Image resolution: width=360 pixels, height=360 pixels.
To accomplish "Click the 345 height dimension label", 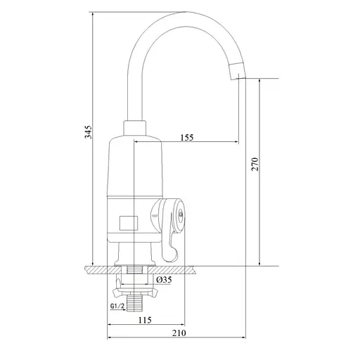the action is pyautogui.click(x=89, y=132).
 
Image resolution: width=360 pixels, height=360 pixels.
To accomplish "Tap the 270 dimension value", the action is pyautogui.click(x=255, y=165).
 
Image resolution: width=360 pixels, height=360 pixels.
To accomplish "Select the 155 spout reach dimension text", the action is pyautogui.click(x=187, y=137).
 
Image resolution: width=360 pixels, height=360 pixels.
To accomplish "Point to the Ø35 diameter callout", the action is pyautogui.click(x=164, y=280).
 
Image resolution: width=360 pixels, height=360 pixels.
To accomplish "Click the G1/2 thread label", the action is pyautogui.click(x=117, y=306).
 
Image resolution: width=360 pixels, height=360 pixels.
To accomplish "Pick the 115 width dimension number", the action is pyautogui.click(x=145, y=320).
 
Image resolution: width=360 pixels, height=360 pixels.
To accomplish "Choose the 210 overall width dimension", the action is pyautogui.click(x=179, y=333).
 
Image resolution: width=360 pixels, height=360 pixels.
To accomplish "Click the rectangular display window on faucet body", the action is pyautogui.click(x=129, y=223).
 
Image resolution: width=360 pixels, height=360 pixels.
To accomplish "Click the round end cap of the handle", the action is pyautogui.click(x=180, y=214).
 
